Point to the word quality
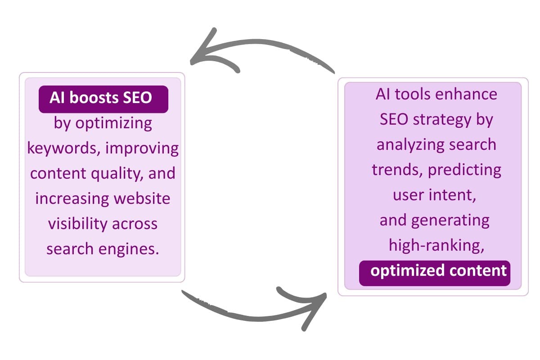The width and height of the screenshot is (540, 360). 118,173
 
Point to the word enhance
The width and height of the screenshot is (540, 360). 470,94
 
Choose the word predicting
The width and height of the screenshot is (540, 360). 464,170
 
